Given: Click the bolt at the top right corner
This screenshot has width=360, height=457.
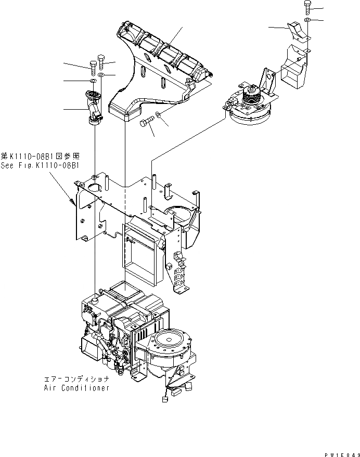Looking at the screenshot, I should click(307, 7).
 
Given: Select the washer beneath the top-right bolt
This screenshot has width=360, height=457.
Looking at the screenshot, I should click(307, 20).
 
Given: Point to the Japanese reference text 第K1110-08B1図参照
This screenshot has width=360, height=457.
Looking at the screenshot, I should click(40, 156).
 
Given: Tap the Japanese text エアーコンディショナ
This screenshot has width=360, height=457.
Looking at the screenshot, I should click(76, 381).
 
